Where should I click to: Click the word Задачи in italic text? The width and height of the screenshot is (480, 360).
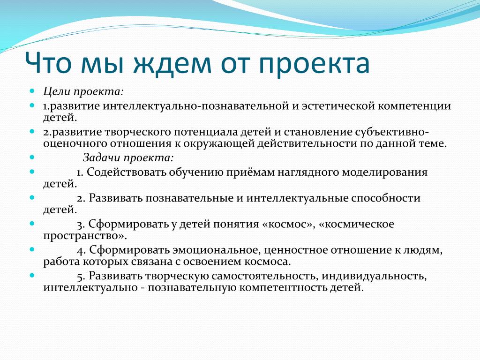102,157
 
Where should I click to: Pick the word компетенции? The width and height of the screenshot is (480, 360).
414,106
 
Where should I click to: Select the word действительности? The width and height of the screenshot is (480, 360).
307,143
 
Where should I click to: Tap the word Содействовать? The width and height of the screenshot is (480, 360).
126,172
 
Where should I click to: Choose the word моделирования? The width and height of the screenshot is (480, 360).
384,172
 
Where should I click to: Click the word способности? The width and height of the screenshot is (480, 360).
386,198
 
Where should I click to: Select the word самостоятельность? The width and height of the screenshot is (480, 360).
265,276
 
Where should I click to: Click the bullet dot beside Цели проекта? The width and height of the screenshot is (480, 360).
32,90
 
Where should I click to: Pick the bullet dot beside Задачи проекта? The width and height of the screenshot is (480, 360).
32,157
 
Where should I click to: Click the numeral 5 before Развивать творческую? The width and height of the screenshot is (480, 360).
81,277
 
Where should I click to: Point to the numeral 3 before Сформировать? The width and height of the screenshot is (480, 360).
80,225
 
